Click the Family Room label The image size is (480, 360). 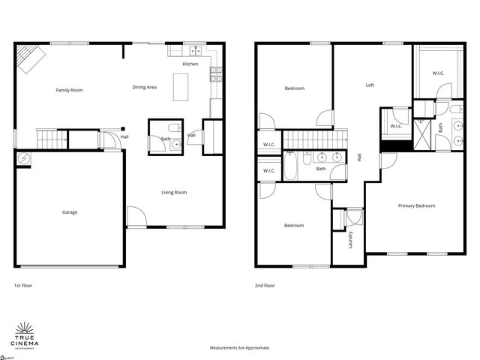pos(69,90)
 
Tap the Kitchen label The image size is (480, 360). pos(190,64)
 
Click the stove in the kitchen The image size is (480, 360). pos(216,73)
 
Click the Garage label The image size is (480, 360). pos(69,212)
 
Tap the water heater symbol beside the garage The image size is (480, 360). pos(22,159)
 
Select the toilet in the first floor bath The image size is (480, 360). pos(172,126)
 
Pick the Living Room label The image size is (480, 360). pos(174,193)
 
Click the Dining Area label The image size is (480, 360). pos(144,88)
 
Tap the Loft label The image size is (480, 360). pos(370,85)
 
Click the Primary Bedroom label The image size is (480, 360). pos(416,205)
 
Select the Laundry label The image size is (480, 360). pos(350,240)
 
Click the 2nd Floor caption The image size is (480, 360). pos(265,286)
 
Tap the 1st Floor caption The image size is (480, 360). pos(22,286)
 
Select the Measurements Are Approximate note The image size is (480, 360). pos(239,348)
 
